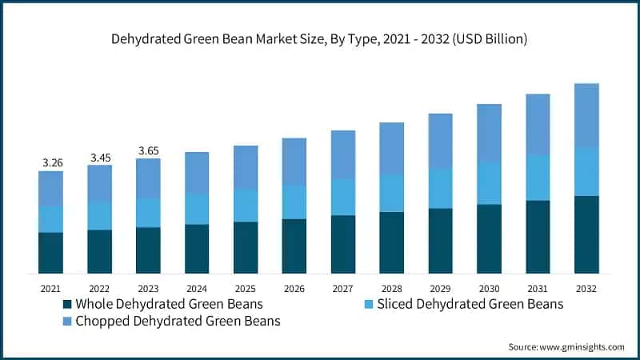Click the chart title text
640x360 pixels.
pyautogui.click(x=320, y=38)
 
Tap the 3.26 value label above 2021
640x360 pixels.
pyautogui.click(x=51, y=163)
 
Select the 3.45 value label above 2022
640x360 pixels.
pyautogui.click(x=100, y=158)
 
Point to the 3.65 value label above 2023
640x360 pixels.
pyautogui.click(x=148, y=150)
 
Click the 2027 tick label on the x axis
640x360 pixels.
pyautogui.click(x=343, y=288)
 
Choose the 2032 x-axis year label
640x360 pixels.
pyautogui.click(x=586, y=288)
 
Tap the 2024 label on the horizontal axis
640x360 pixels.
pyautogui.click(x=197, y=288)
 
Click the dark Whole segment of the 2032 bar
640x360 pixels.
pyautogui.click(x=586, y=234)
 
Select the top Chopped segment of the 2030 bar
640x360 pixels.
pyautogui.click(x=489, y=133)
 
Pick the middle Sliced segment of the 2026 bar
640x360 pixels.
pyautogui.click(x=294, y=202)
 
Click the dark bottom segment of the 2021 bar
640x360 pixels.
pyautogui.click(x=51, y=253)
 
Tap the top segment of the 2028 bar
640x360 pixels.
pyautogui.click(x=392, y=148)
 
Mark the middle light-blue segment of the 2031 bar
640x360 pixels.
pyautogui.click(x=538, y=178)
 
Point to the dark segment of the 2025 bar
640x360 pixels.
pyautogui.click(x=246, y=247)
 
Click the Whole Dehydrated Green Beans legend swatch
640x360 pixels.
pyautogui.click(x=67, y=305)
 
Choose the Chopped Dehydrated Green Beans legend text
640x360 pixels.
pyautogui.click(x=178, y=322)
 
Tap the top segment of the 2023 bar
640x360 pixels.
pyautogui.click(x=148, y=178)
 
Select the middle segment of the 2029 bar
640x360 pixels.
pyautogui.click(x=441, y=189)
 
